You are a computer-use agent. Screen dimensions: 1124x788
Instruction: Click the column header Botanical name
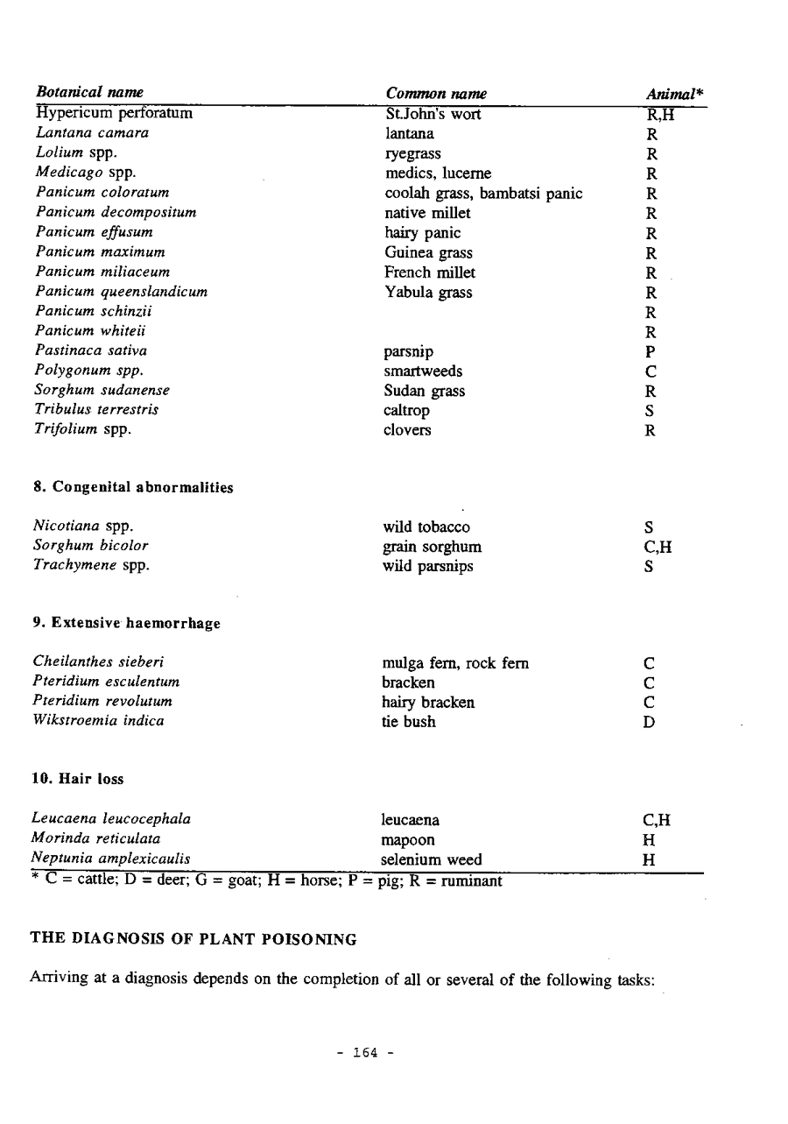tap(90, 94)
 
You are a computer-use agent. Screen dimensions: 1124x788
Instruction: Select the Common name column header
tap(436, 94)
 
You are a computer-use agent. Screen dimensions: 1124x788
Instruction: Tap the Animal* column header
tap(675, 94)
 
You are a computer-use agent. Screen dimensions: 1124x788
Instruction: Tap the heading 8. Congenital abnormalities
tap(133, 487)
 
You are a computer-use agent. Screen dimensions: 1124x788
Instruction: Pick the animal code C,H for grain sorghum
tap(657, 548)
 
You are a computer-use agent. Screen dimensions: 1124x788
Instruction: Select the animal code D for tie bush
tap(650, 723)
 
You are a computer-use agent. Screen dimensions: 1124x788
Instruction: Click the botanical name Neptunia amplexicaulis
tap(111, 859)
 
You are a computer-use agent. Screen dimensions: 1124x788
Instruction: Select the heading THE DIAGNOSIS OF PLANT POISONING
tap(193, 939)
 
